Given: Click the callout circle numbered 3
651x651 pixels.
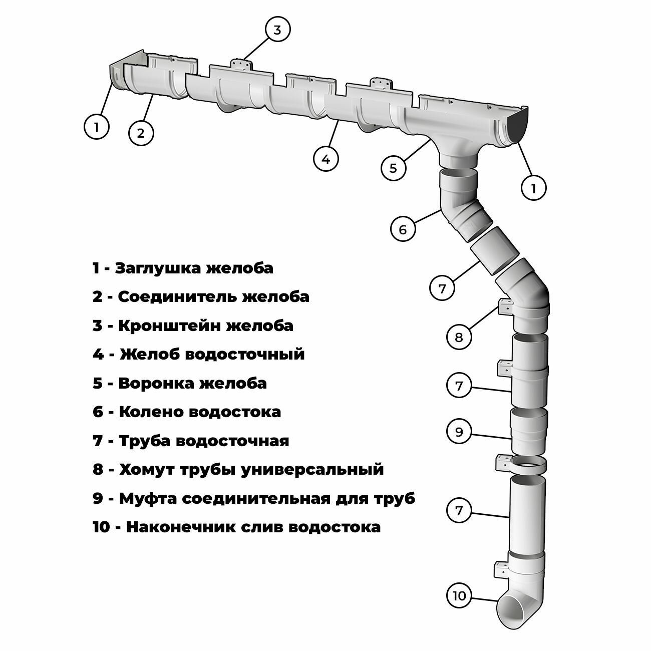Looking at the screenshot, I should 277,30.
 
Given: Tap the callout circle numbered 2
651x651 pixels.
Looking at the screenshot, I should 141,133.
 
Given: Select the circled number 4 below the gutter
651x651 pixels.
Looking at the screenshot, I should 326,159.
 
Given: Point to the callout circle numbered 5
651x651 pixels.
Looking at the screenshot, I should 393,168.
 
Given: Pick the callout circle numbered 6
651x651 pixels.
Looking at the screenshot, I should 403,230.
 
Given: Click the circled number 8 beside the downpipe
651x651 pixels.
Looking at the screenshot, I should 459,337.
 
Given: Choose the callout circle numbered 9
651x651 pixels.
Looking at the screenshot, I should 459,432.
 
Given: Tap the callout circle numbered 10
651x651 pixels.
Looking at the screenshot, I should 459,596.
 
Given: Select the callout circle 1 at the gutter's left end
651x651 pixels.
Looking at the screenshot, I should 96,127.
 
